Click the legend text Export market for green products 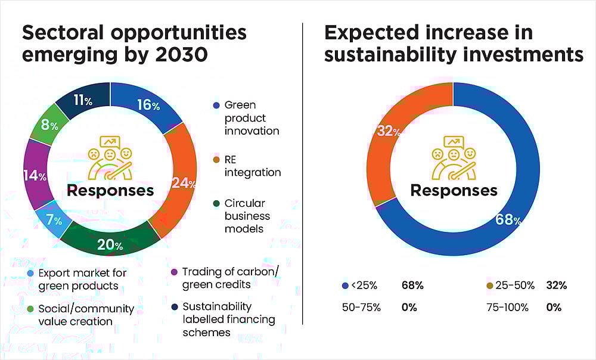click(82, 279)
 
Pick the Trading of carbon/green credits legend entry click(230, 277)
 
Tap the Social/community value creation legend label click(86, 315)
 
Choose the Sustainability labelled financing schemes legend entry click(229, 319)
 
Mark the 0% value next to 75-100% click(554, 308)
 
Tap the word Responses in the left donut click(110, 191)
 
